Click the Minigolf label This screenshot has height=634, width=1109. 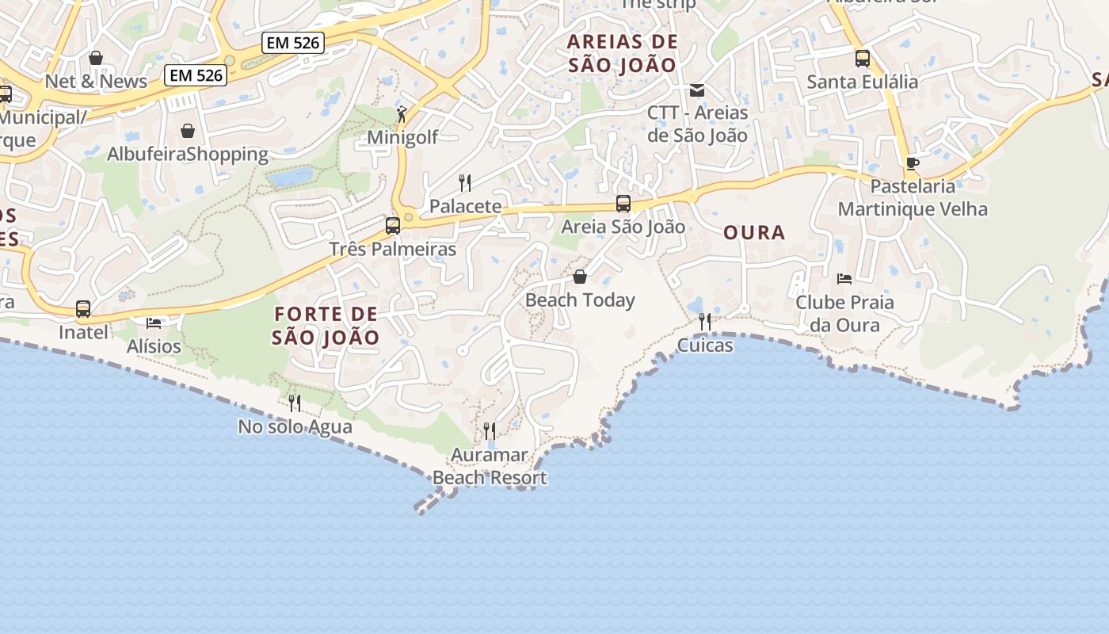tap(402, 138)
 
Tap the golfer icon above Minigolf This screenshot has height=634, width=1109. tap(402, 114)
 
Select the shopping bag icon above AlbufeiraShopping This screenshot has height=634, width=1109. tap(188, 131)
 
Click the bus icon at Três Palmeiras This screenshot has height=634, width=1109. tap(393, 226)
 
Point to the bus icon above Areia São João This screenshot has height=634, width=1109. tap(623, 204)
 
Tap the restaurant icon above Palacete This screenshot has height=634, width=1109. tap(465, 183)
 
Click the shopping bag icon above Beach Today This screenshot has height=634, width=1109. tap(580, 277)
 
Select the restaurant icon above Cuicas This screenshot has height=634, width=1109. tap(705, 322)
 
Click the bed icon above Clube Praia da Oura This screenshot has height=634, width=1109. tap(844, 279)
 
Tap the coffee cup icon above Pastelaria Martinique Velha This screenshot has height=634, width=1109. tap(913, 163)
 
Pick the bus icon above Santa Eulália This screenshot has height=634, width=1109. tap(863, 59)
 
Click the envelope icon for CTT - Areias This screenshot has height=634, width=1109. tap(697, 90)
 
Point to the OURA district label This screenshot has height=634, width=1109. tap(754, 232)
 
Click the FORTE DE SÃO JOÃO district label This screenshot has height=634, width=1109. tap(326, 325)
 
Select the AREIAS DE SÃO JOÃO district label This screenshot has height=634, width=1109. tap(623, 53)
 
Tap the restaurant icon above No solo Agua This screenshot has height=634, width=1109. tap(295, 403)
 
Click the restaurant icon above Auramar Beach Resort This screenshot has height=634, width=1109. tap(490, 431)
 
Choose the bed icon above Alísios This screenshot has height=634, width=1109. tap(154, 323)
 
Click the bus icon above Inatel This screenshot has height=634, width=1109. tap(83, 309)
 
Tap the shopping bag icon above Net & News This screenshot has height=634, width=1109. tap(96, 58)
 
